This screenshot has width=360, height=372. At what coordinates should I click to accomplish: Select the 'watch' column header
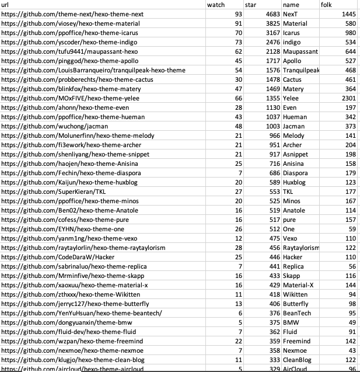tap(216, 5)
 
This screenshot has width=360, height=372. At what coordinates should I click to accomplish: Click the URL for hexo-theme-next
tap(73, 14)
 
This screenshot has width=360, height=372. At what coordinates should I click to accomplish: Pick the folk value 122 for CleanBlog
tap(350, 360)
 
